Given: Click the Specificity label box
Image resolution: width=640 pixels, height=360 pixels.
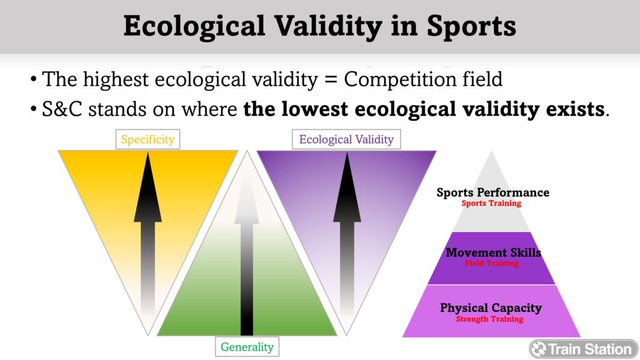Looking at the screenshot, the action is (x=147, y=139).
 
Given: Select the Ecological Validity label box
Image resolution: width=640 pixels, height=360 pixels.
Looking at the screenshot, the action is (x=346, y=139).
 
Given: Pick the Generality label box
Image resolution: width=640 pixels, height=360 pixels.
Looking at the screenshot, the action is (x=247, y=346).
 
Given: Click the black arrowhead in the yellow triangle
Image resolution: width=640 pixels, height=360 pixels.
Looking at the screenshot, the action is (x=147, y=187).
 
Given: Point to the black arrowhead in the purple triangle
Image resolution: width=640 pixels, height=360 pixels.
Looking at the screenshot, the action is (x=347, y=187).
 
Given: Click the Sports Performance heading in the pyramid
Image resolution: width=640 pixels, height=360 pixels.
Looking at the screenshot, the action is (x=492, y=192).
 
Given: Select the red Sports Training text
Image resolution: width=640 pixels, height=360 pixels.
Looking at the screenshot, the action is (x=491, y=203).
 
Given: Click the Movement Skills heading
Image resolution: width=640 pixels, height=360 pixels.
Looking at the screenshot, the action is (x=494, y=252).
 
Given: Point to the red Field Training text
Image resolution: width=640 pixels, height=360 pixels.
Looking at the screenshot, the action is (x=492, y=263).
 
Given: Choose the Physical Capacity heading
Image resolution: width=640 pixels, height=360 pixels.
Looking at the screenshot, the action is (x=491, y=307).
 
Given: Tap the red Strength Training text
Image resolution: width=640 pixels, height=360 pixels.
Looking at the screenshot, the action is (x=490, y=319).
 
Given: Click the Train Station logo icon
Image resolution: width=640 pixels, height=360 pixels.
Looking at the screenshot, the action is (x=539, y=349).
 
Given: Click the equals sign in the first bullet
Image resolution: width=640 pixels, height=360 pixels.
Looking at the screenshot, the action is (x=331, y=79).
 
